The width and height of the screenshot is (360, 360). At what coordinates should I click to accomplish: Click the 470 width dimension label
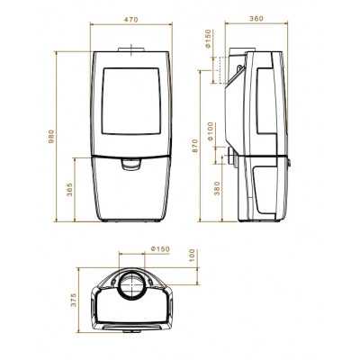[x=131, y=20]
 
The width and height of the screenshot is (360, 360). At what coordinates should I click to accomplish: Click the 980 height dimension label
[x=51, y=136]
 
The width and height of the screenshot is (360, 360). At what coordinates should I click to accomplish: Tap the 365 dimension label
[x=69, y=189]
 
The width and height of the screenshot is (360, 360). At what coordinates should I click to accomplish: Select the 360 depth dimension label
[x=256, y=19]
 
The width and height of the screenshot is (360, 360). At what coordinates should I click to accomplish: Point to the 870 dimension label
[x=195, y=146]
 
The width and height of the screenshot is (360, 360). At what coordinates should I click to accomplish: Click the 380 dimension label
[x=217, y=188]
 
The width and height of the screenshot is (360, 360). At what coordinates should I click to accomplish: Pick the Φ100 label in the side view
[x=211, y=131]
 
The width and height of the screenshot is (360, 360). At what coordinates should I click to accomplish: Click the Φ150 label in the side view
[x=209, y=39]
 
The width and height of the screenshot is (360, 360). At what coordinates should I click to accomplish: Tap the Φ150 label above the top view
[x=160, y=249]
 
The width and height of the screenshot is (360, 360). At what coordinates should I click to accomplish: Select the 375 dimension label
[x=74, y=300]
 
